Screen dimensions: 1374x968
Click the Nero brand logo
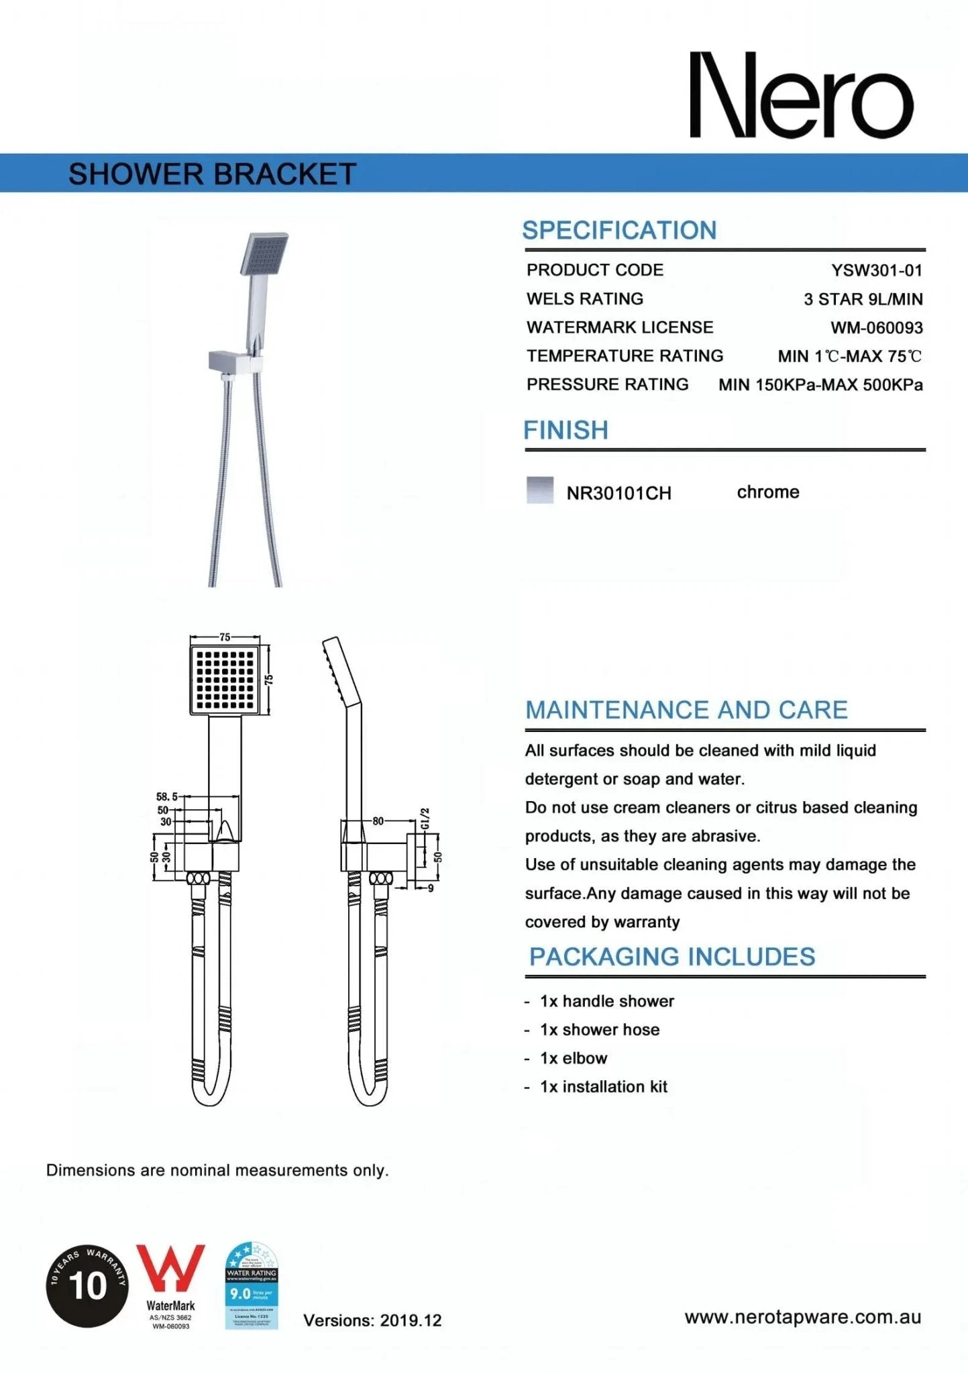pyautogui.click(x=802, y=95)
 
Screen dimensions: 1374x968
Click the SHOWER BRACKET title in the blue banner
pyautogui.click(x=212, y=174)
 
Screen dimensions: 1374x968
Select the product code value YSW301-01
pyautogui.click(x=877, y=270)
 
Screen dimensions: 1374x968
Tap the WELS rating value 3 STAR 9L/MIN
pyautogui.click(x=863, y=299)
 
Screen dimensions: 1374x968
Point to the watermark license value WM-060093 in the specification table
pyautogui.click(x=877, y=328)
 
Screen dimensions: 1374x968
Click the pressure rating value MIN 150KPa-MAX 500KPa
pyautogui.click(x=820, y=385)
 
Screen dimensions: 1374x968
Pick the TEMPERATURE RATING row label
pyautogui.click(x=625, y=356)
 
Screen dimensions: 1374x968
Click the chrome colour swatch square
pyautogui.click(x=540, y=490)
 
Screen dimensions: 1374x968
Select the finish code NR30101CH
pyautogui.click(x=619, y=493)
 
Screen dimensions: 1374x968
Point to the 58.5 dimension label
pyautogui.click(x=166, y=797)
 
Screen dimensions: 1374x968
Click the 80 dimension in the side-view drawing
pyautogui.click(x=378, y=821)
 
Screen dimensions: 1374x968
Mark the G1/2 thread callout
pyautogui.click(x=425, y=818)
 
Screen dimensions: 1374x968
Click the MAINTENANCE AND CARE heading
pyautogui.click(x=686, y=710)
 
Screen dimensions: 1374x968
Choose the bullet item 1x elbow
pyautogui.click(x=574, y=1058)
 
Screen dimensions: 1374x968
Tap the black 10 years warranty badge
pyautogui.click(x=87, y=1285)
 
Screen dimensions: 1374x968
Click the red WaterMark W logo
pyautogui.click(x=170, y=1269)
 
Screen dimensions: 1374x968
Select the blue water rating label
pyautogui.click(x=252, y=1285)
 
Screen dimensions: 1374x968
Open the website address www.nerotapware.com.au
pyautogui.click(x=802, y=1317)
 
